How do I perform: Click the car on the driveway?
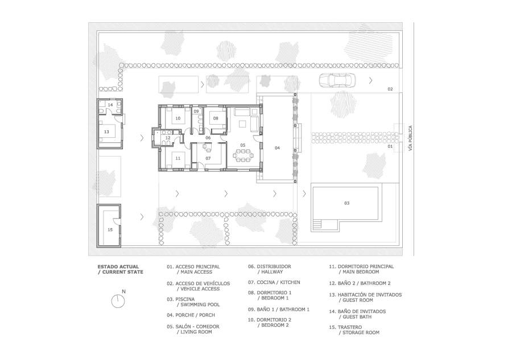click(x=336, y=80)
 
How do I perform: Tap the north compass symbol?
click(x=118, y=301)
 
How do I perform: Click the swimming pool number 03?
click(x=347, y=203)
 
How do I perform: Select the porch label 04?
click(x=277, y=148)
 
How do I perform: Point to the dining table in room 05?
click(x=242, y=155)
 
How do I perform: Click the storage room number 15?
click(x=110, y=230)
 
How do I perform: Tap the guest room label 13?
click(x=106, y=132)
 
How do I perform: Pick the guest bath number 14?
click(x=110, y=105)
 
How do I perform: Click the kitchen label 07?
click(x=208, y=158)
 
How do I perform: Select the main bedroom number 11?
click(x=177, y=158)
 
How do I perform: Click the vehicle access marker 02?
click(x=390, y=89)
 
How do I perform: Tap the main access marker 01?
click(x=390, y=146)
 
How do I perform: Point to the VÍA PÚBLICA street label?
click(x=410, y=138)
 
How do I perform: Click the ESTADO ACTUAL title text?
click(x=118, y=266)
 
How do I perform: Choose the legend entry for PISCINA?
click(x=193, y=302)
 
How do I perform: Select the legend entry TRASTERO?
click(x=354, y=330)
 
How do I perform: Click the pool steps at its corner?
click(x=317, y=225)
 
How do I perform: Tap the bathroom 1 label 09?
click(x=196, y=112)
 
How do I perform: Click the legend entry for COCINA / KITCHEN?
click(x=274, y=282)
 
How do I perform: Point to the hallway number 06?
click(x=208, y=138)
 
